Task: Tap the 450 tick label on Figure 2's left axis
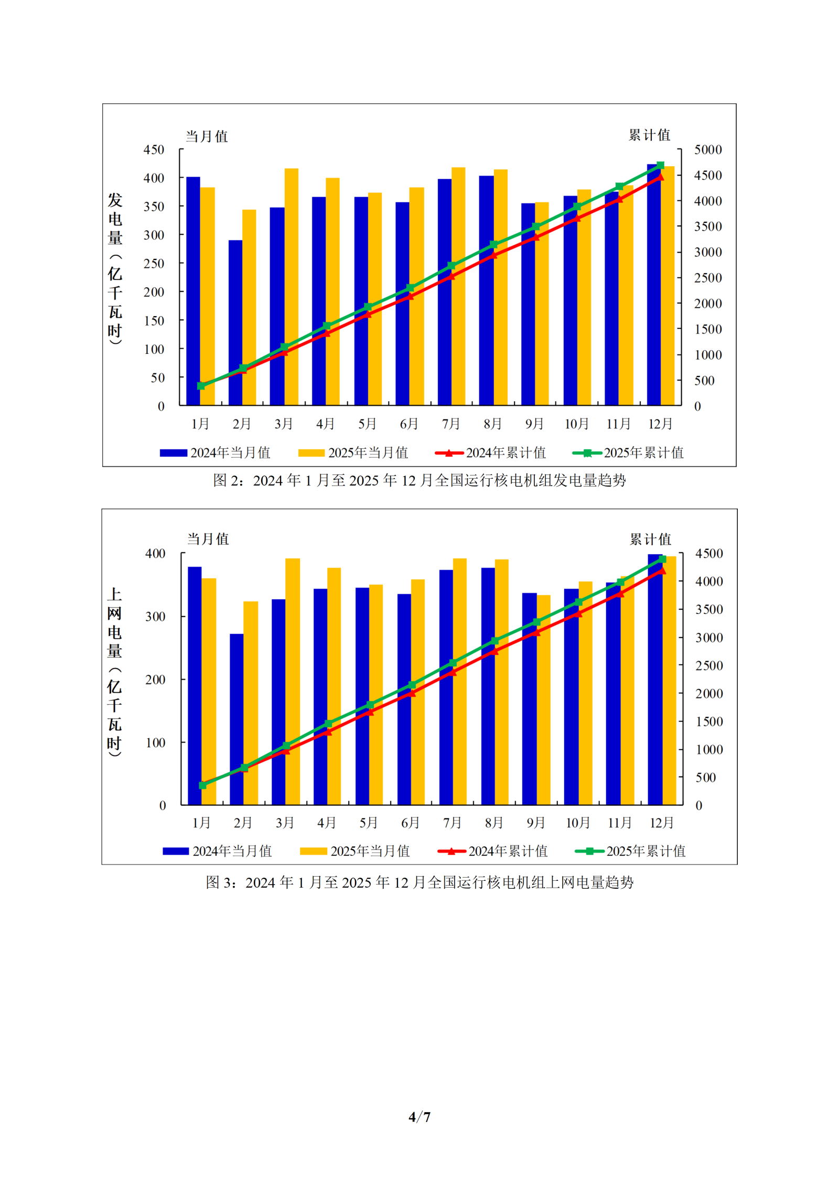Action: (x=154, y=150)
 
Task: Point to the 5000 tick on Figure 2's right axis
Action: (x=708, y=150)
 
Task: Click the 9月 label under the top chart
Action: (x=534, y=424)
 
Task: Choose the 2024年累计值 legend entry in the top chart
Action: (x=491, y=453)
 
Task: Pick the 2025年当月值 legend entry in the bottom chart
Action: (x=355, y=851)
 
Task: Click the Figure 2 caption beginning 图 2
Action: (x=419, y=480)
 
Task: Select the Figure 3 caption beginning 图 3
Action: (x=419, y=882)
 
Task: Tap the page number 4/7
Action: (x=419, y=1117)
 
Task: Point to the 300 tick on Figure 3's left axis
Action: (x=155, y=617)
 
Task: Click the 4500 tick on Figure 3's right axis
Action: (x=709, y=554)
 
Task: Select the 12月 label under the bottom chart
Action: (x=661, y=823)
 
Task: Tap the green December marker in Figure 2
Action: (x=661, y=165)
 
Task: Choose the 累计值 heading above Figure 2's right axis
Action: (x=649, y=135)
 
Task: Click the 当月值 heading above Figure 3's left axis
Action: (x=208, y=539)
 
